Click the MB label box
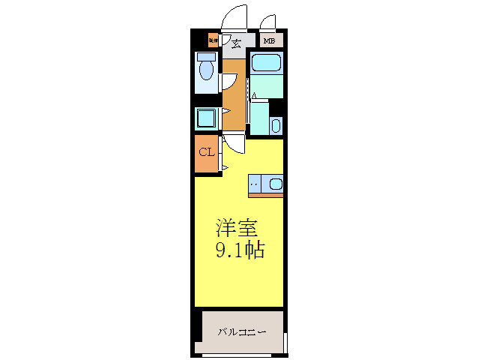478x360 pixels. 268,41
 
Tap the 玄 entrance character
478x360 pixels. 236,43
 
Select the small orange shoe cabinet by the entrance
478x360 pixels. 213,41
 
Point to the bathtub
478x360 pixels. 266,64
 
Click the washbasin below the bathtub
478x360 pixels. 275,125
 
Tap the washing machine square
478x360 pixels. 205,118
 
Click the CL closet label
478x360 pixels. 206,152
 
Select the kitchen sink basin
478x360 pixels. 275,183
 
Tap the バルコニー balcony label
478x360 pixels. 242,331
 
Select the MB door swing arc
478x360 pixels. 267,22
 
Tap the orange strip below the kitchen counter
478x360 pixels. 266,196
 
